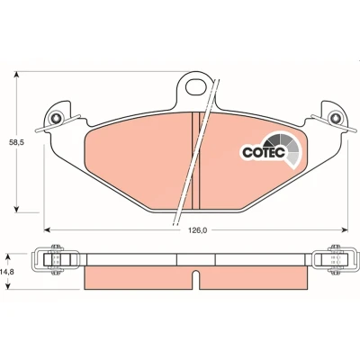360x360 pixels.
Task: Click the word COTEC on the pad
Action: (x=264, y=152)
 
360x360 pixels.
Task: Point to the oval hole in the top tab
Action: (x=196, y=87)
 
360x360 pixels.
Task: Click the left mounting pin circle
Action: (x=56, y=118)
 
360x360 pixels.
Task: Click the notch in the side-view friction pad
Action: (x=195, y=280)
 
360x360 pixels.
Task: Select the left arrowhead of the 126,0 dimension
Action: (x=47, y=230)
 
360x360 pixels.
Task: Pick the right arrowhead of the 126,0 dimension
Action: (x=345, y=230)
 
